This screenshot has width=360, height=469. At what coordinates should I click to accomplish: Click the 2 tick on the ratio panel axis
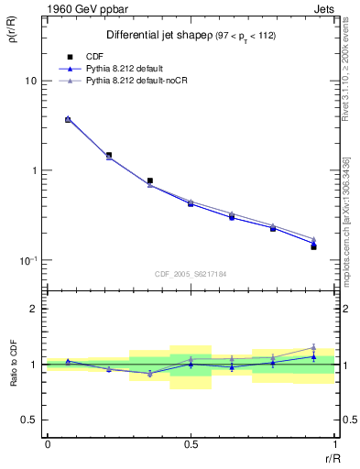tap(37, 309)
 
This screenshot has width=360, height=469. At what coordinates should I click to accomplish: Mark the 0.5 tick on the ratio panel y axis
tap(32, 420)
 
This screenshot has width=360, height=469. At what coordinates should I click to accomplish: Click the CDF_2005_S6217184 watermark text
tap(191, 273)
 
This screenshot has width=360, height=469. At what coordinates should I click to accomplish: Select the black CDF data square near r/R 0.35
tap(149, 181)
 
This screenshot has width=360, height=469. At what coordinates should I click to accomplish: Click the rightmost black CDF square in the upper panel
tap(313, 247)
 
